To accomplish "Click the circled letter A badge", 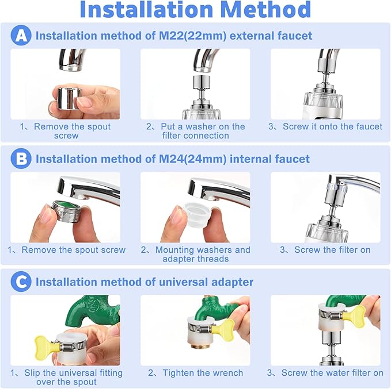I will click(x=21, y=36).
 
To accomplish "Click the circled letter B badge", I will click(x=21, y=159).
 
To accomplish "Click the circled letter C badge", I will click(x=21, y=282).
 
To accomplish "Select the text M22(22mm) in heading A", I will click(x=196, y=36).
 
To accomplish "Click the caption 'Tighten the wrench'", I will click(x=195, y=373).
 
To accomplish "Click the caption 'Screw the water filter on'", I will click(x=325, y=373).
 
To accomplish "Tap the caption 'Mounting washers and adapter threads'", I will click(x=195, y=254).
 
